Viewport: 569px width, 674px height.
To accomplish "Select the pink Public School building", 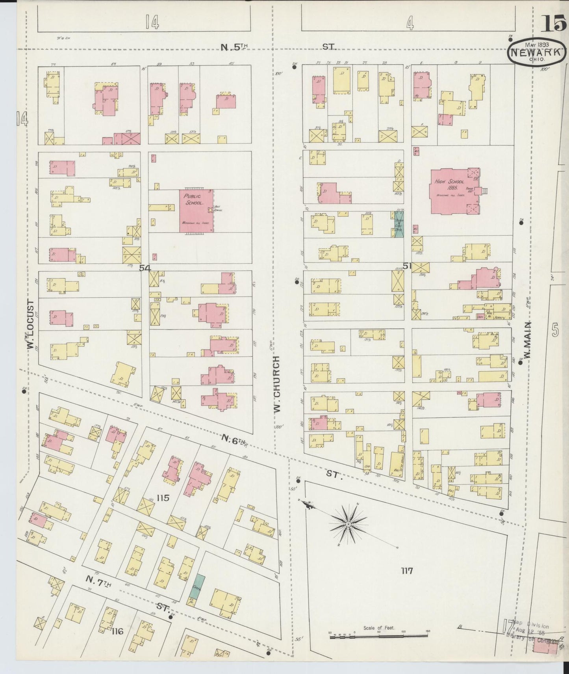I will click(197, 212).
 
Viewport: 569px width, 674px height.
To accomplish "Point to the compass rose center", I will click(348, 524).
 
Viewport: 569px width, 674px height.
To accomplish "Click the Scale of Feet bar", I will click(379, 634).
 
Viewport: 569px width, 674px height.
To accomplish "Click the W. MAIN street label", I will click(528, 340).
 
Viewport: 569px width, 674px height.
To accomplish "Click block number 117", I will click(407, 570).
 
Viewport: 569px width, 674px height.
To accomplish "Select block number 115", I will click(162, 498).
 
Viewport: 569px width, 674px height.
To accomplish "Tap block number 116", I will click(117, 631).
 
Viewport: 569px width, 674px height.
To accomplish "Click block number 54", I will click(145, 268).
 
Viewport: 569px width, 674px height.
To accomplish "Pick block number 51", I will click(406, 266).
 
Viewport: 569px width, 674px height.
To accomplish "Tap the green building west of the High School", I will click(399, 225).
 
